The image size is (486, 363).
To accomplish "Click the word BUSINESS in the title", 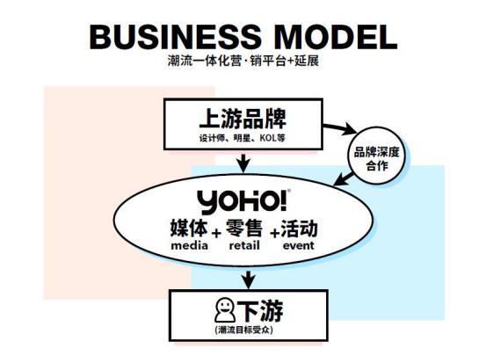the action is (x=175, y=37).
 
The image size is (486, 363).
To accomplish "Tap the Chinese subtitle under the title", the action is (x=243, y=61).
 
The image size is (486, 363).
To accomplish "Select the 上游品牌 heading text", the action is (x=243, y=119).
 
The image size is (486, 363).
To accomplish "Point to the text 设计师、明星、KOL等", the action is (x=243, y=138).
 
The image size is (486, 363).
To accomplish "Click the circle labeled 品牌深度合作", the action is (x=377, y=156).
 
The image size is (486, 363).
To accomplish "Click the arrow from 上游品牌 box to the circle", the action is (x=340, y=128).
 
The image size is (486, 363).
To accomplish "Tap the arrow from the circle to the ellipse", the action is (x=344, y=179).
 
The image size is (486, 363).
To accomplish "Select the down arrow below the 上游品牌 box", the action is (x=243, y=163).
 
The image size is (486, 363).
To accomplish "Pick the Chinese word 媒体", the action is (x=189, y=229).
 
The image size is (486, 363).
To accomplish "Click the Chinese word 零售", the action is (x=244, y=229).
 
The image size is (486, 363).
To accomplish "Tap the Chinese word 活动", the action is (x=299, y=229).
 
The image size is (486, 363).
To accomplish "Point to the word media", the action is (x=189, y=246).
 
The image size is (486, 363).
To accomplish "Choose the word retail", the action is (x=244, y=246).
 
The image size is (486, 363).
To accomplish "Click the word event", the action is (x=299, y=246).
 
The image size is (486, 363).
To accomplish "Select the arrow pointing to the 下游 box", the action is (x=249, y=280).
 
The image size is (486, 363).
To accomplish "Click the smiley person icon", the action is (x=225, y=310).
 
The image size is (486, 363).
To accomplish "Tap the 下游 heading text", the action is (x=260, y=311).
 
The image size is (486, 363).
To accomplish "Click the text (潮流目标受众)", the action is (x=244, y=330).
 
